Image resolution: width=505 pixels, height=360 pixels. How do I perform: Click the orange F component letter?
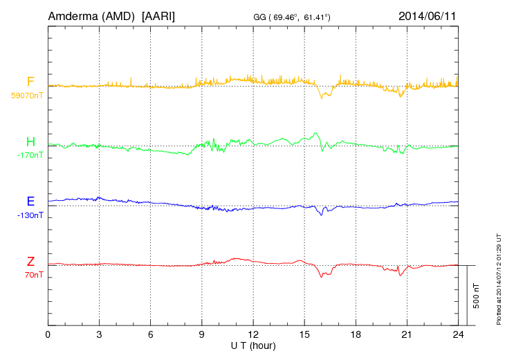30,82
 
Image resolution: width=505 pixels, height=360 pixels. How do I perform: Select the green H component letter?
30,142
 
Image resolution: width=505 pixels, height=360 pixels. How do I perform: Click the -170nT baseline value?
30,156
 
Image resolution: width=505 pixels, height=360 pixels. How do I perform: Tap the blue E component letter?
30,201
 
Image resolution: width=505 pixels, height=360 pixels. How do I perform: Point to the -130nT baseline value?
30,215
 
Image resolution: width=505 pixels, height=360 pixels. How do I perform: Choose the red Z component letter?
30,261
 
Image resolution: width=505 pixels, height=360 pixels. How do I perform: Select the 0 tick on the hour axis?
48,335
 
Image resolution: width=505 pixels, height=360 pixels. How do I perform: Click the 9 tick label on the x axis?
202,335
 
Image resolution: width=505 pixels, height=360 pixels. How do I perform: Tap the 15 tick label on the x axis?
304,335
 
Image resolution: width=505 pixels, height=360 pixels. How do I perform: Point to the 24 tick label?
458,335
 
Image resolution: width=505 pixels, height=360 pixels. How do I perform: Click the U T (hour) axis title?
253,345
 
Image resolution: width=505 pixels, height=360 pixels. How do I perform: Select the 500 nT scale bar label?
476,296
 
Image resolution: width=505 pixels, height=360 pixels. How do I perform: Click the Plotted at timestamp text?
499,277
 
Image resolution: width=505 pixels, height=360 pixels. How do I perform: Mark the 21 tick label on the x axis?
407,335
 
